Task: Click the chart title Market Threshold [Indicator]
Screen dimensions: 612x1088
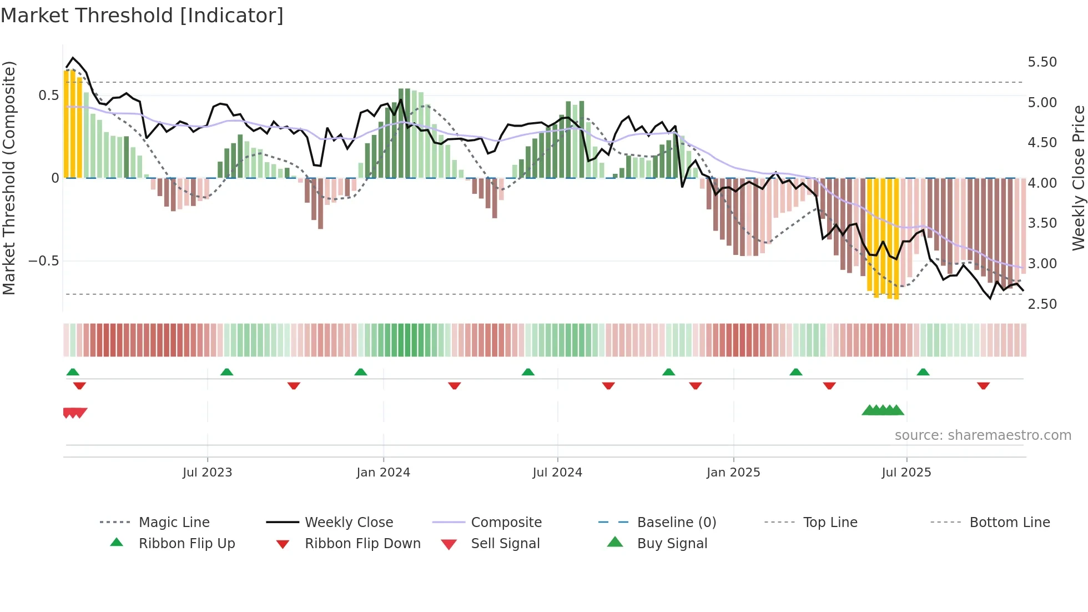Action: click(x=142, y=16)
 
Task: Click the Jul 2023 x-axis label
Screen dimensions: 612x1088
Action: click(x=207, y=473)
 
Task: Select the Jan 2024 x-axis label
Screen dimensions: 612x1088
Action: click(x=383, y=473)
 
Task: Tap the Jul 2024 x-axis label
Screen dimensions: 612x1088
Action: click(x=557, y=473)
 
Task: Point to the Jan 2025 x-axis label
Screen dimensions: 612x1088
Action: click(x=733, y=473)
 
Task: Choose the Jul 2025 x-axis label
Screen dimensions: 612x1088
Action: click(x=906, y=473)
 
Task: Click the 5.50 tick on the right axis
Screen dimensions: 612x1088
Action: click(x=1042, y=62)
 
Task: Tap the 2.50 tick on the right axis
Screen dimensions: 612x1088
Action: click(x=1042, y=304)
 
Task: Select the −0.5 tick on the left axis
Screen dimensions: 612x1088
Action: click(x=43, y=261)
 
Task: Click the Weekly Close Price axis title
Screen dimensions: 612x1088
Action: click(x=1078, y=178)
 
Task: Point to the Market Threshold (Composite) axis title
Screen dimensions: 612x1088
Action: click(x=9, y=178)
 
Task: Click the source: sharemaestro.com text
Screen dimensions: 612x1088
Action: click(x=983, y=435)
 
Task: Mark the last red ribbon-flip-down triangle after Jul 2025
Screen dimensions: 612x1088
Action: click(x=983, y=385)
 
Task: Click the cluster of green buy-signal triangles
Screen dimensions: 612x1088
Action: click(x=883, y=410)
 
